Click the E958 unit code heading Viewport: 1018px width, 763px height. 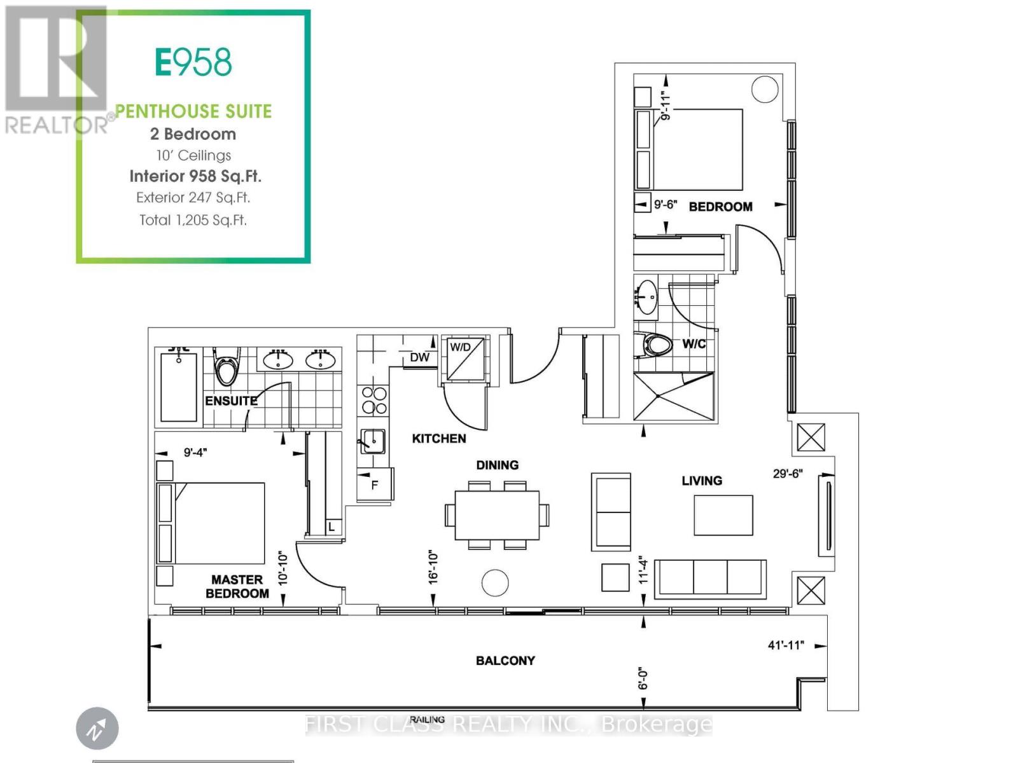click(x=193, y=62)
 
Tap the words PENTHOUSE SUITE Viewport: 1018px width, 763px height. click(x=193, y=111)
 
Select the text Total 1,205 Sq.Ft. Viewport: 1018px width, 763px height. click(x=193, y=220)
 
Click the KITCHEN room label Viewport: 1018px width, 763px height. click(x=439, y=438)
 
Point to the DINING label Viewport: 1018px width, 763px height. click(x=497, y=465)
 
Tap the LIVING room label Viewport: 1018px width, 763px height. click(x=702, y=481)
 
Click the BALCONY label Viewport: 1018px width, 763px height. click(x=505, y=661)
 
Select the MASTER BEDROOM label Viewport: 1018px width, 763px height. click(x=237, y=586)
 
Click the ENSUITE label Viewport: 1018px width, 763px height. click(x=231, y=401)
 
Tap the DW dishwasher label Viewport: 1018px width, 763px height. click(x=419, y=357)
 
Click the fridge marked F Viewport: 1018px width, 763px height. click(x=375, y=485)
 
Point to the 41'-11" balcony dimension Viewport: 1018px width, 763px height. click(x=786, y=645)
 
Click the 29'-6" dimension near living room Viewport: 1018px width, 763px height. click(x=788, y=474)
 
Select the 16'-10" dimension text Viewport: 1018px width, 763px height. click(x=433, y=567)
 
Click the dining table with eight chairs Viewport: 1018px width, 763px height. click(x=497, y=515)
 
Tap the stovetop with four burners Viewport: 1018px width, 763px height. click(x=374, y=401)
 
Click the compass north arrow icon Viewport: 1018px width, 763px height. click(x=97, y=729)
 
